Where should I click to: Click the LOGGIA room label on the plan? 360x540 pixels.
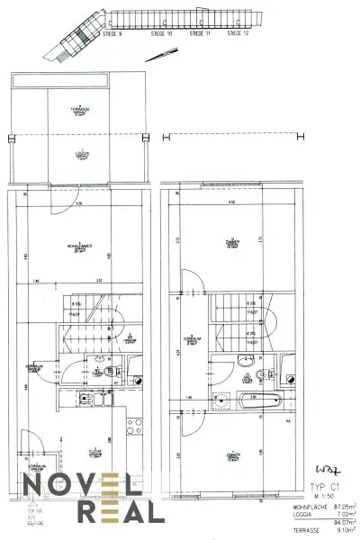point(81,154)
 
